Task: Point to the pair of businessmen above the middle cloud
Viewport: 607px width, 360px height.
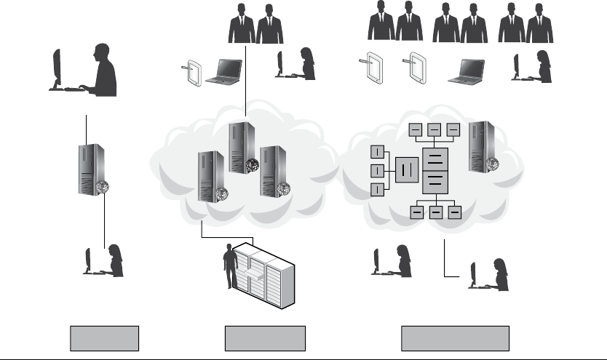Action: (254, 25)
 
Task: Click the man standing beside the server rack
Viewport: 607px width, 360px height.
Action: (231, 267)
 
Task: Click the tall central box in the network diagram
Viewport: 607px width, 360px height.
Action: (435, 168)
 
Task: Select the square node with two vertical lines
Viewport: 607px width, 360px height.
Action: (406, 169)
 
